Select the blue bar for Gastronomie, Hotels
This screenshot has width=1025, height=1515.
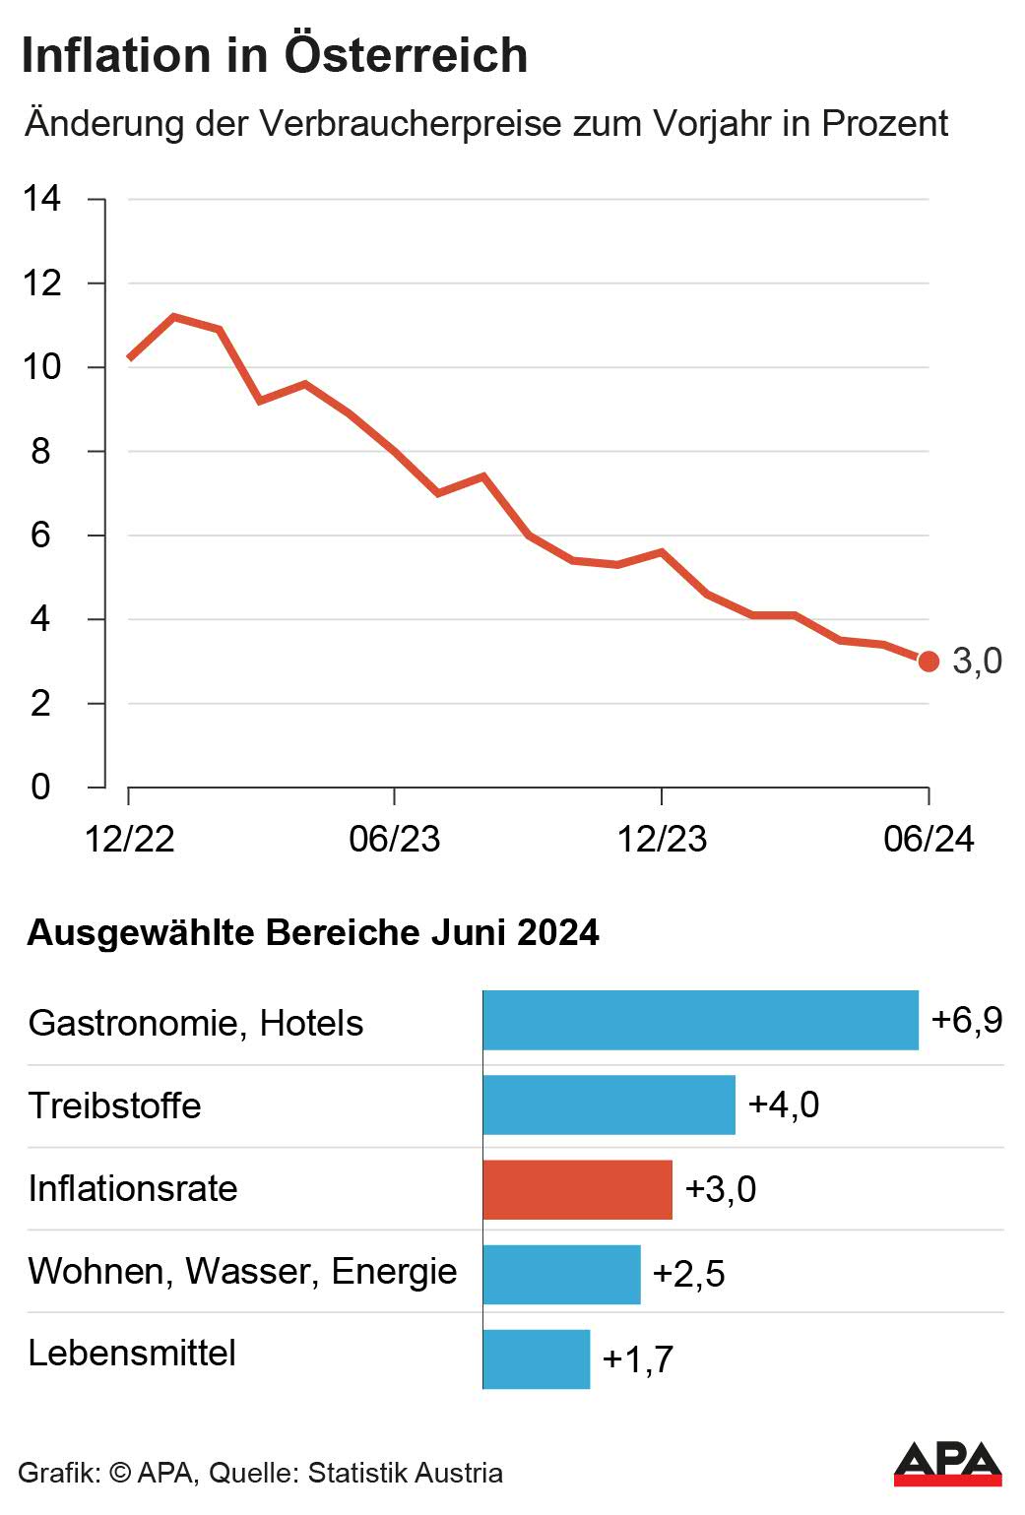click(700, 1021)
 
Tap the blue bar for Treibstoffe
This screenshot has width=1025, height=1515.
click(609, 1105)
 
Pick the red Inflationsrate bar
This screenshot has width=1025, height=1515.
click(577, 1189)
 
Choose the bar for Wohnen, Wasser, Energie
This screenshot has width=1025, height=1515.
click(561, 1274)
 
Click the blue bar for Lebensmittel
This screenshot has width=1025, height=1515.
click(537, 1358)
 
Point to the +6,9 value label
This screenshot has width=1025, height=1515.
click(966, 1020)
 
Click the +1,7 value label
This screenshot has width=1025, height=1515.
click(637, 1359)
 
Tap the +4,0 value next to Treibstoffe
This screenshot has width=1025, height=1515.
click(783, 1105)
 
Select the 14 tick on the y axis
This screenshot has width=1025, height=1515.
click(42, 199)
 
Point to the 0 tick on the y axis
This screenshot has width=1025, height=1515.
click(40, 787)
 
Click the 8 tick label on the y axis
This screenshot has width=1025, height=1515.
click(40, 451)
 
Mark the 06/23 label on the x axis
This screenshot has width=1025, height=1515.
click(394, 839)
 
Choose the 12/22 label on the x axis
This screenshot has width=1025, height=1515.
click(129, 839)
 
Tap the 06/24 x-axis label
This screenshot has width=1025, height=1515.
click(928, 839)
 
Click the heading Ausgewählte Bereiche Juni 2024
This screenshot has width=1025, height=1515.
click(313, 932)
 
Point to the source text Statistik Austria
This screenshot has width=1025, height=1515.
click(405, 1473)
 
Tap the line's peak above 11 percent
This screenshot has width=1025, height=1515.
click(174, 317)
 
